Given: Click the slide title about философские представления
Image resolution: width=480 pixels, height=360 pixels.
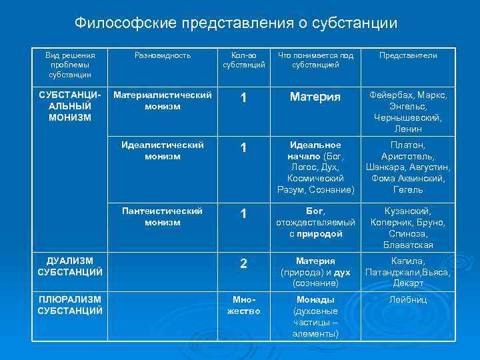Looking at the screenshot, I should [x=235, y=23].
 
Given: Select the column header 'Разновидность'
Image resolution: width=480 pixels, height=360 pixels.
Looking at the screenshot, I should [x=163, y=55].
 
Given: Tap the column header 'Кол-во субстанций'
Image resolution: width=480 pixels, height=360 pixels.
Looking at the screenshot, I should [x=243, y=60].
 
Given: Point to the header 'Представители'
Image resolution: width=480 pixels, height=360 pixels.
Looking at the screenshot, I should [x=408, y=55].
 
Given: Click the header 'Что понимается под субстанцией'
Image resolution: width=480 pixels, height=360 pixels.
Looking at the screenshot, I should [x=315, y=60].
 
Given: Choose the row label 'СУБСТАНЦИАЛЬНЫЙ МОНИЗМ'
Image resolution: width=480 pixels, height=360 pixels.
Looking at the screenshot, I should [x=70, y=107].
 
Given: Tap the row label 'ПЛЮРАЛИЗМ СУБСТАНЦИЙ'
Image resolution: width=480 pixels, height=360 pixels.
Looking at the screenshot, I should [x=70, y=305].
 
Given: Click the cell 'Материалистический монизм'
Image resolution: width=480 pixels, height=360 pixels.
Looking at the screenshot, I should [x=163, y=101].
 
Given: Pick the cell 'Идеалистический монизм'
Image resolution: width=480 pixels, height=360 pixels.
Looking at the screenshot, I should [x=163, y=150].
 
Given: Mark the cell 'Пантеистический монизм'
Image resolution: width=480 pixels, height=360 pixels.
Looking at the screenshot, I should [x=163, y=217].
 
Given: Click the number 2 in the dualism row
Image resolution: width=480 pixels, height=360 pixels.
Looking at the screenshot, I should [x=243, y=264].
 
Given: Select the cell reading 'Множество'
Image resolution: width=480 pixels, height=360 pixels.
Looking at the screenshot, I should [x=243, y=305].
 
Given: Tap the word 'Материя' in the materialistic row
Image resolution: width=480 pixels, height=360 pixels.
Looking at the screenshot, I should [x=315, y=97].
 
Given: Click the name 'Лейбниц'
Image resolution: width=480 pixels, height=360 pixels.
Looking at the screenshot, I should [x=408, y=300].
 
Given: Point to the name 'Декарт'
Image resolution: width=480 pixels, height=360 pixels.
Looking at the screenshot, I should [x=408, y=283].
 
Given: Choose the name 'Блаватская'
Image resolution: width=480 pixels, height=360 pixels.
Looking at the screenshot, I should [x=408, y=245].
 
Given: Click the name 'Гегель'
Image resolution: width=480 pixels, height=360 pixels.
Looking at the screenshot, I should [x=408, y=190].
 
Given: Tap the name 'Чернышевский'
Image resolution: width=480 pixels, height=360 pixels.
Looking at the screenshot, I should [x=408, y=117].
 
